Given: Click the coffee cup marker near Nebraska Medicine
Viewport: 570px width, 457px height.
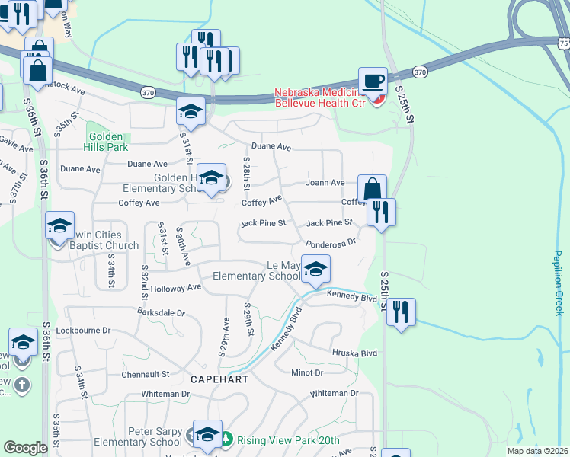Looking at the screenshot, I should (373, 81).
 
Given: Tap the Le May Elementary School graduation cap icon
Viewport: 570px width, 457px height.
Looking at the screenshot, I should (315, 268).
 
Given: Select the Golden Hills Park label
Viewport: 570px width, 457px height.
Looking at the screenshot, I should (107, 142).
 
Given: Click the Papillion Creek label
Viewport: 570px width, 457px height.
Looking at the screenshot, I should (559, 283).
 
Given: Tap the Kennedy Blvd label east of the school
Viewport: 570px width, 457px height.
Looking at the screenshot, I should (352, 296).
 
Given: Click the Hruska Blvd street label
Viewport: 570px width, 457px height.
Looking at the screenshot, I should (354, 353).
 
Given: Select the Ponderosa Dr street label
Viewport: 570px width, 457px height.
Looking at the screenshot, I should (331, 243).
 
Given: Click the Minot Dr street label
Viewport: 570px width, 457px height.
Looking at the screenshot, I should (307, 372).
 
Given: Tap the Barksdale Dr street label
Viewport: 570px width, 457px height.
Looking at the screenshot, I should (162, 312).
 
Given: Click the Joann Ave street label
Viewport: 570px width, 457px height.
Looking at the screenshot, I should (325, 183).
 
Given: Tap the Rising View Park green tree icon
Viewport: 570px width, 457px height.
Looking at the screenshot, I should (226, 439).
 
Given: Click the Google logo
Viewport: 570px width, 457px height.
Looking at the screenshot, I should (25, 448).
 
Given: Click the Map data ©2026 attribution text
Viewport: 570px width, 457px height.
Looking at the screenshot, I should (537, 451).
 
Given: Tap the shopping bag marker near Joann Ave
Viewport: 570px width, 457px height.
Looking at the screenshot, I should (372, 189).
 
